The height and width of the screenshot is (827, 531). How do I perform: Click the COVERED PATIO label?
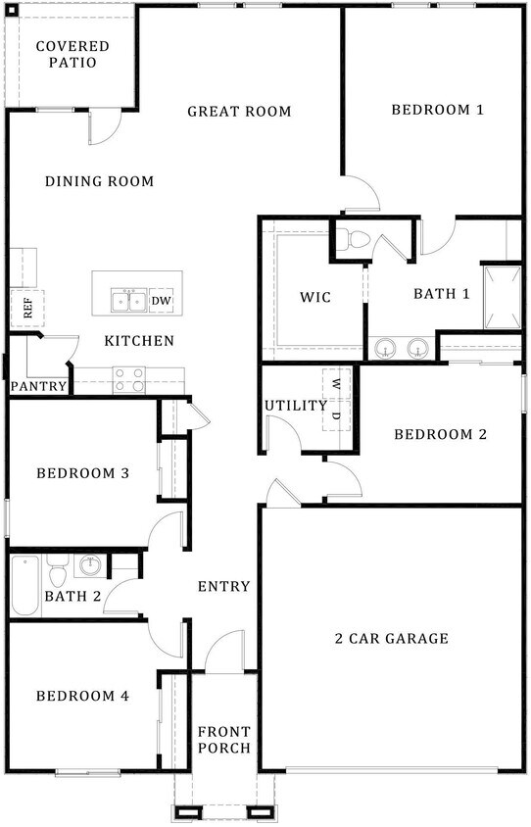pos(72,54)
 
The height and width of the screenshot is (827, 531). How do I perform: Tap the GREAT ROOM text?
pos(239,111)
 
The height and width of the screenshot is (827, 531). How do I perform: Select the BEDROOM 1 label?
pos(437,110)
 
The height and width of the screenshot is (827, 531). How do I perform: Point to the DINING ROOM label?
pos(99,181)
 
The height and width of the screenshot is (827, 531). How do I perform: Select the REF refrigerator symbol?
pos(23,309)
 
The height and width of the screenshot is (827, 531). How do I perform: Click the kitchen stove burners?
pos(128,379)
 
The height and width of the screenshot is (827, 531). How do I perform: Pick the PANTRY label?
pos(39,387)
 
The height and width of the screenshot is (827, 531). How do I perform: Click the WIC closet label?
pos(315,297)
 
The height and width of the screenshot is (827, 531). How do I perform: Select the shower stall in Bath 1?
pos(501,297)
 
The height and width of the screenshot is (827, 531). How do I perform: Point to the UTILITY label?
pos(295,405)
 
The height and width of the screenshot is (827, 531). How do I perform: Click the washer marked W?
pos(336,383)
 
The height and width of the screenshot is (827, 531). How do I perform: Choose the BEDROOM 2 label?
pos(440,434)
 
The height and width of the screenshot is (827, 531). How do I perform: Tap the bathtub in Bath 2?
pos(26,586)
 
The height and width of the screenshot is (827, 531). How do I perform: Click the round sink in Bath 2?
pos(91,565)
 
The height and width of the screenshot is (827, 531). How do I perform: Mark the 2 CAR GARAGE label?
pos(391,639)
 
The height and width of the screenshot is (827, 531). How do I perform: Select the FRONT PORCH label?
pos(224,740)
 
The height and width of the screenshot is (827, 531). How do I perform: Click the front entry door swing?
pos(224,653)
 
